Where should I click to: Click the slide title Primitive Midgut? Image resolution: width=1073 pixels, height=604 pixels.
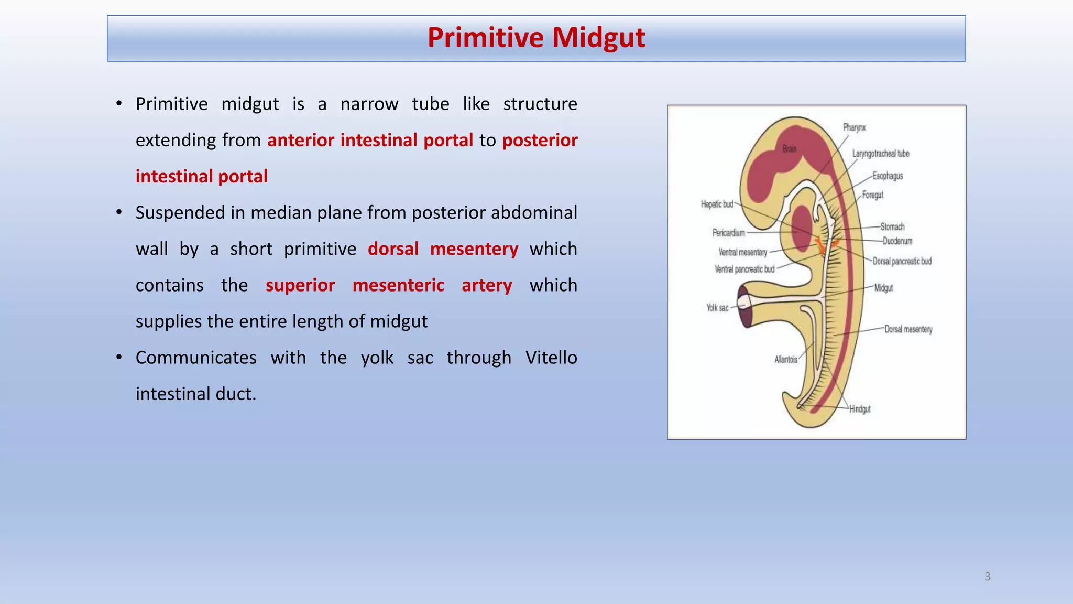coord(536,38)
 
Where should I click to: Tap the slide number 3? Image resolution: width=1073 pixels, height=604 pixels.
coord(987,576)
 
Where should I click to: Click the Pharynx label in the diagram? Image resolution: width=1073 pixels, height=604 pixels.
coord(854,127)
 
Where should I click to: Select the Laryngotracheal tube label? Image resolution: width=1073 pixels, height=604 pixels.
coord(880,154)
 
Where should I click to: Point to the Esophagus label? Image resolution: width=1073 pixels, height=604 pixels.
coord(888,176)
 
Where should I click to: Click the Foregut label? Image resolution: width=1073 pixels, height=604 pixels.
coord(872,195)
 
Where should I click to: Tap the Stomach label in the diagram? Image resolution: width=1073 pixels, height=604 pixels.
coord(892,226)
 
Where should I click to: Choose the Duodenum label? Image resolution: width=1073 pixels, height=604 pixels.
coord(897,241)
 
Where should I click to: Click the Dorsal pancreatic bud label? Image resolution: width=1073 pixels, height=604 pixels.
coord(902,261)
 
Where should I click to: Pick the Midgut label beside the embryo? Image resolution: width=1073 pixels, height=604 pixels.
coord(883,288)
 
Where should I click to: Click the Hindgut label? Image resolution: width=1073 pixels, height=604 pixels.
coord(859,409)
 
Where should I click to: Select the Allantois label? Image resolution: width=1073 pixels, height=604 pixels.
coord(785,359)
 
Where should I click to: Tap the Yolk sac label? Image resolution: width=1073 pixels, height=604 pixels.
coord(717,308)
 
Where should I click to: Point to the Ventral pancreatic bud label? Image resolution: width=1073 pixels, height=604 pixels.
coord(744,269)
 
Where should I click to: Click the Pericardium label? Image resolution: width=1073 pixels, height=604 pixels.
coord(728,232)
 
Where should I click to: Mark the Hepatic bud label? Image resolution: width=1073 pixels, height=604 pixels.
coord(717,204)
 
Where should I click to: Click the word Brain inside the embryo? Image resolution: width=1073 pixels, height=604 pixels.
coord(789,149)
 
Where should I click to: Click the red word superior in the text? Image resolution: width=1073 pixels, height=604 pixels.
coord(300,285)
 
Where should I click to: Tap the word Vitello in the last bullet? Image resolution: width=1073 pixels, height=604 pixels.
coord(551,358)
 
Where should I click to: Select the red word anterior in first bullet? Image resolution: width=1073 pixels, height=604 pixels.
coord(301,141)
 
